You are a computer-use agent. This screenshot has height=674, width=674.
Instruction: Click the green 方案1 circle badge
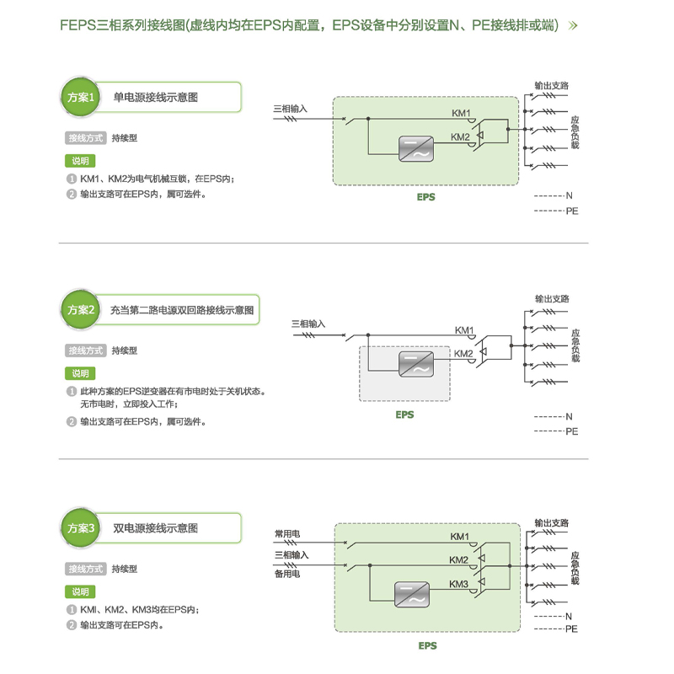tap(83, 98)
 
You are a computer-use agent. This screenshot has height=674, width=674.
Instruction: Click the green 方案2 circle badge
tap(83, 310)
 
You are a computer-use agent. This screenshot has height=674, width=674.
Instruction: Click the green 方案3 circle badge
tap(83, 529)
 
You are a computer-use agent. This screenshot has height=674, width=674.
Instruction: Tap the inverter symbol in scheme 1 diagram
tap(415, 147)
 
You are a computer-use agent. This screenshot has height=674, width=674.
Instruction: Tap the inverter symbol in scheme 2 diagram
tap(415, 363)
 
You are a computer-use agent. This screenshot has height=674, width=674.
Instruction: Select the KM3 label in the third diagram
tap(458, 585)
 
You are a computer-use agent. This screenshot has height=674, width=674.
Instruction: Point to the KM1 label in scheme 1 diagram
tap(461, 113)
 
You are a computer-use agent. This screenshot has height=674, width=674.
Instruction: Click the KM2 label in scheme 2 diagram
tap(463, 354)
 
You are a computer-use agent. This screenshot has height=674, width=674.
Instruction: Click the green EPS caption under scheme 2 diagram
tap(404, 415)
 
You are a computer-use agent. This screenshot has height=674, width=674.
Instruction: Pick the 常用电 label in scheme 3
tap(287, 533)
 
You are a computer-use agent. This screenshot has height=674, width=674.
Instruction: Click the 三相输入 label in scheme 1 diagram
tap(291, 109)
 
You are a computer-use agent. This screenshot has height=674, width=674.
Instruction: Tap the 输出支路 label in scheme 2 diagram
tap(552, 299)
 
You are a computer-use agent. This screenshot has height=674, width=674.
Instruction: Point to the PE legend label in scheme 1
tap(572, 211)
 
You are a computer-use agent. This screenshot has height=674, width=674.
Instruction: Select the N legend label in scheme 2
tap(569, 417)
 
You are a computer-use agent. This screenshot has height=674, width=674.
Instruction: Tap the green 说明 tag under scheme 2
tap(79, 373)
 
